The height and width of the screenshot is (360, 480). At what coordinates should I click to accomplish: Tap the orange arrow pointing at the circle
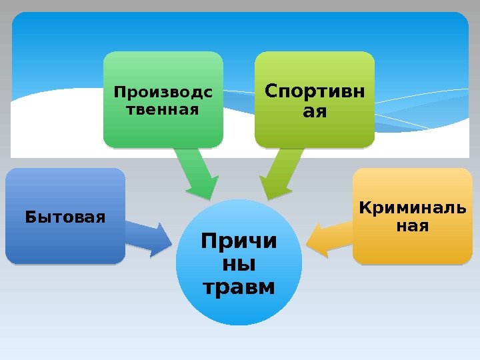pyautogui.click(x=327, y=237)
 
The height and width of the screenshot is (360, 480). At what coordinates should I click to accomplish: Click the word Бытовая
pyautogui.click(x=65, y=217)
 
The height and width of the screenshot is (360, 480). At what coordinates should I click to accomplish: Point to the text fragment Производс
pyautogui.click(x=163, y=92)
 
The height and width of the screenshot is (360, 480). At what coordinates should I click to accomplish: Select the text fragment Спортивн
pyautogui.click(x=315, y=91)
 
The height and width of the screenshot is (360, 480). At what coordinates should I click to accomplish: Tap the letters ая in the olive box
pyautogui.click(x=315, y=111)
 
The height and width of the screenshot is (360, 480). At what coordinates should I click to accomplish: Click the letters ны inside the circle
pyautogui.click(x=239, y=264)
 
